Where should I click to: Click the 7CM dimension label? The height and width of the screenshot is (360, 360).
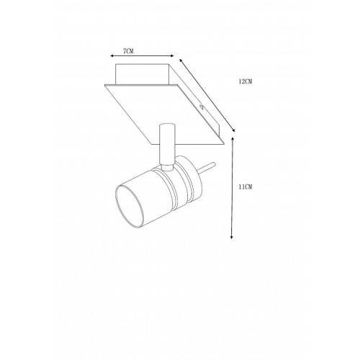pyautogui.click(x=128, y=51)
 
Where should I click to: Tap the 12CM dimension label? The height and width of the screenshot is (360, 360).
pyautogui.click(x=246, y=81)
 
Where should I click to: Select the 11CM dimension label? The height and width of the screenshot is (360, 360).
pyautogui.click(x=246, y=186)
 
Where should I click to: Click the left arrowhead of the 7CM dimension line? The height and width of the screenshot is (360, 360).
pyautogui.click(x=112, y=56)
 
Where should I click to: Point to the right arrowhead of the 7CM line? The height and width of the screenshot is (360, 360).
pyautogui.click(x=172, y=56)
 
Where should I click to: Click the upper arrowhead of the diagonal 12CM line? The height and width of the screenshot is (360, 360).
pyautogui.click(x=181, y=60)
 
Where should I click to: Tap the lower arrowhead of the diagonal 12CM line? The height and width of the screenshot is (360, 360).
pyautogui.click(x=233, y=130)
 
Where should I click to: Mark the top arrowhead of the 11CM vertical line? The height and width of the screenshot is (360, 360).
pyautogui.click(x=232, y=138)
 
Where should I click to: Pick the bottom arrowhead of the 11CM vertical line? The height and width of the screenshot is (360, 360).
pyautogui.click(x=232, y=237)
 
